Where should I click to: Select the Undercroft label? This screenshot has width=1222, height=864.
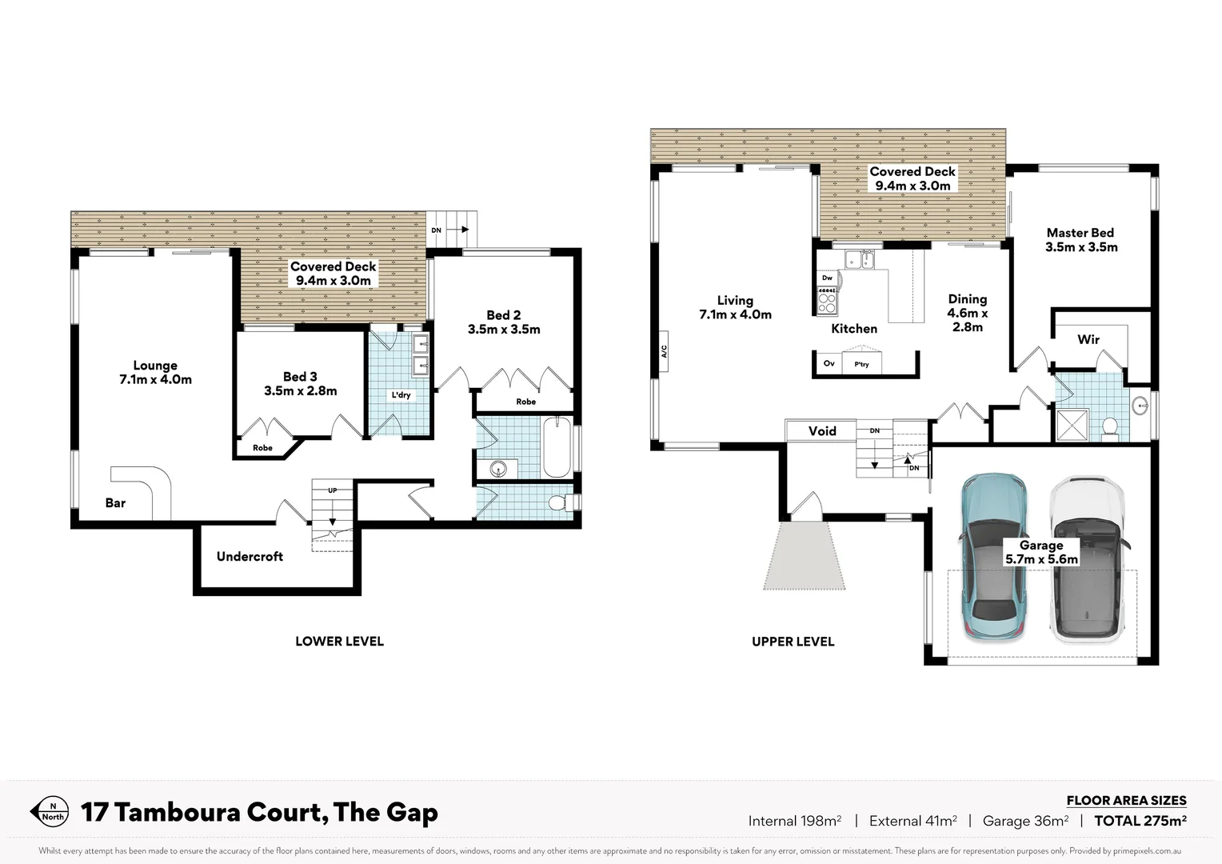[x=250, y=557]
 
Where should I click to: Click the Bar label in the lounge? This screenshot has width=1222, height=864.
[x=115, y=503]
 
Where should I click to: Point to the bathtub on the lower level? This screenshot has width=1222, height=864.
[x=557, y=447]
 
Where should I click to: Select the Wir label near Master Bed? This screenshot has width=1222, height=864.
[x=1088, y=339]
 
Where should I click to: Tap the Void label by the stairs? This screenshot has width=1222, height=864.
[x=821, y=431]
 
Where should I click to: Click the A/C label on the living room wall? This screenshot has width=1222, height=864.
[x=663, y=351]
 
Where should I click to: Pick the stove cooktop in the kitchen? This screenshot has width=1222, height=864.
[x=826, y=301]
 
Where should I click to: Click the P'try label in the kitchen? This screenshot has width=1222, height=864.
[x=861, y=365]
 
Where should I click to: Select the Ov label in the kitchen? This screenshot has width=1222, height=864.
[x=829, y=364]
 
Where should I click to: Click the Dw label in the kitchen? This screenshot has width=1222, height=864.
[x=827, y=278]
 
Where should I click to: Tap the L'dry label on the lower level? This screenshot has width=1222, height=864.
[x=401, y=395]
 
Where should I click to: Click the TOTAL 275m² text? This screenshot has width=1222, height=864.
[x=1140, y=820]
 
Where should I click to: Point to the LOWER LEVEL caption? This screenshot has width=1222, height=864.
[x=339, y=642]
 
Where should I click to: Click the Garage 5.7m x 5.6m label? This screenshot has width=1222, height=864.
[x=1040, y=552]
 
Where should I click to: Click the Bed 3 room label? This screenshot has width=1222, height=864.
[x=300, y=383]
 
